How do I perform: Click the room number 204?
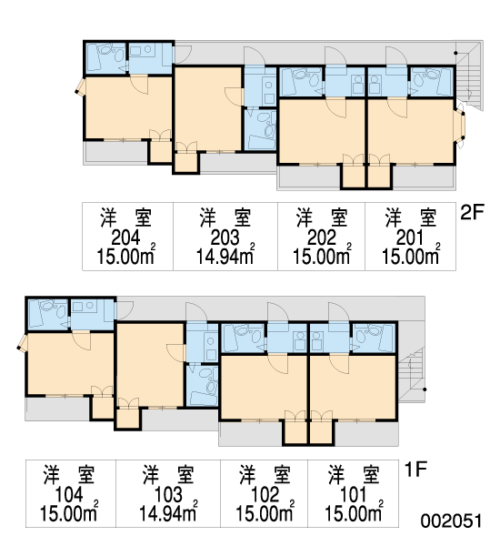tap(125, 238)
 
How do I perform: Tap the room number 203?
tap(225, 238)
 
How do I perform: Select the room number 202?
tap(321, 238)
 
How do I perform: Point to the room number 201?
tap(410, 238)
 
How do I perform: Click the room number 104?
tap(69, 495)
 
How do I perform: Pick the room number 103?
tap(168, 495)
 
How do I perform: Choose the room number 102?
tap(265, 495)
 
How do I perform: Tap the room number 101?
tap(353, 495)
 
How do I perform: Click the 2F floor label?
tap(472, 212)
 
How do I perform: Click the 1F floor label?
tap(415, 469)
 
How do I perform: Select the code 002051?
tap(451, 521)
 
